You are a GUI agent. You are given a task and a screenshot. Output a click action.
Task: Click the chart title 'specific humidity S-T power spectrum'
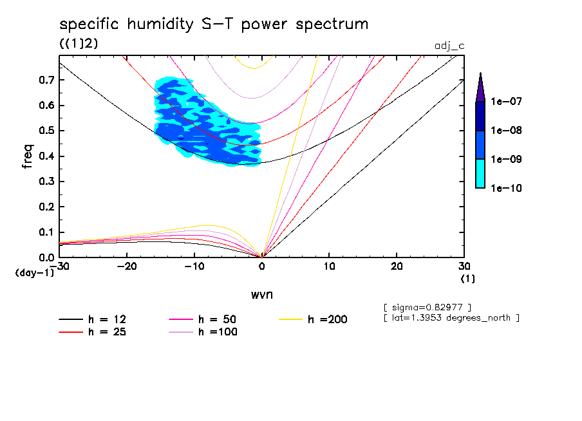point(214,24)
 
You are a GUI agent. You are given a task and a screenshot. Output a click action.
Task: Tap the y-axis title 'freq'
point(27,156)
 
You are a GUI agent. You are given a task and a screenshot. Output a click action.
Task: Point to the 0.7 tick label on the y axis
point(46,80)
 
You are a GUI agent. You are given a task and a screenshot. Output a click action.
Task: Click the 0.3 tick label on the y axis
point(46,182)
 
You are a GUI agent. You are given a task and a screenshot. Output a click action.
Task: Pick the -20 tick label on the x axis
point(127,267)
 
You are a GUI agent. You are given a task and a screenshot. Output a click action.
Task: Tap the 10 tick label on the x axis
point(329,267)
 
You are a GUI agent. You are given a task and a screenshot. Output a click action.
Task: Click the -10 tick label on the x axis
point(194,267)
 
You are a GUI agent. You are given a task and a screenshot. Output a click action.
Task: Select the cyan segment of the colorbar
point(480,173)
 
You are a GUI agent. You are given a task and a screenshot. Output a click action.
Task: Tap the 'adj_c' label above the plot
point(450,46)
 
